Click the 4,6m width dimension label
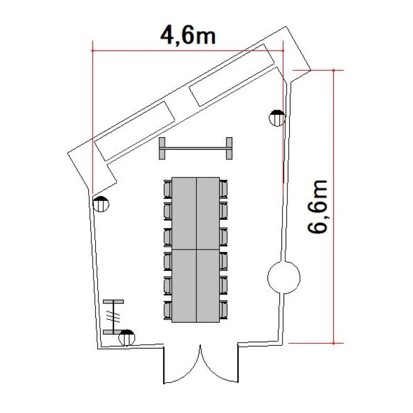click(x=188, y=36)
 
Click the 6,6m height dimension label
click(x=317, y=206)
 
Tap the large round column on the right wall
click(x=284, y=278)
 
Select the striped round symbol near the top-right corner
click(x=277, y=118)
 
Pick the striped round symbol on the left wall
click(x=101, y=204)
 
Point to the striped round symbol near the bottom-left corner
click(x=127, y=338)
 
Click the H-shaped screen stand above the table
click(x=195, y=148)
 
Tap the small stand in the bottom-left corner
click(x=113, y=317)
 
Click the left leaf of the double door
click(x=184, y=369)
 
